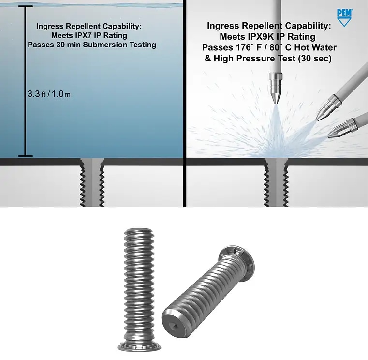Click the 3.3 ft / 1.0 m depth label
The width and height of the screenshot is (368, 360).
tap(49, 94)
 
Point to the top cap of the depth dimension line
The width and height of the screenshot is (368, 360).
tap(25, 6)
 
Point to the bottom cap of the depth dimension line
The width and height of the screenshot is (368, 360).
tap(25, 156)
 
